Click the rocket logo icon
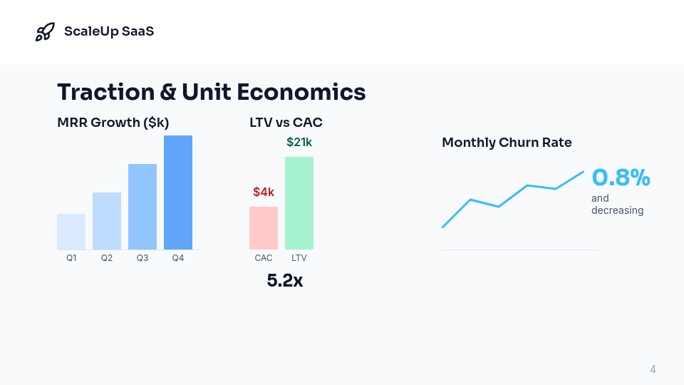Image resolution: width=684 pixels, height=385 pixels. [45, 31]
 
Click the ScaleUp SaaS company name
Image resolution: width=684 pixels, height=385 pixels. [108, 31]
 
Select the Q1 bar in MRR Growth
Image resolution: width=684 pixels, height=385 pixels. [71, 232]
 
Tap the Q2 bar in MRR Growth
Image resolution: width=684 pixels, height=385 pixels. [107, 221]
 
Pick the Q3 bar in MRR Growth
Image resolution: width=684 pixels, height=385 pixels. [142, 207]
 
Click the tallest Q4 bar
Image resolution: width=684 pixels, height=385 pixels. [178, 192]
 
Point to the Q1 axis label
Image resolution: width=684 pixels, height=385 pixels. [71, 258]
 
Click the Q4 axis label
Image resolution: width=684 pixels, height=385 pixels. [178, 258]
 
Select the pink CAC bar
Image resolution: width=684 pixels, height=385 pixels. [264, 228]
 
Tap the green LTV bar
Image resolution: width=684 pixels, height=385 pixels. [299, 203]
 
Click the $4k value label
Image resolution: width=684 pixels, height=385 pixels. [264, 192]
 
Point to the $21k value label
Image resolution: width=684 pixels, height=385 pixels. [299, 142]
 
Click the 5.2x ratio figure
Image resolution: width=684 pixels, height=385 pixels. [285, 281]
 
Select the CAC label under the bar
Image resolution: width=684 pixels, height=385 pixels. [264, 258]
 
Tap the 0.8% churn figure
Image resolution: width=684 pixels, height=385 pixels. [621, 178]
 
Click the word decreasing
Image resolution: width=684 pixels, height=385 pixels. [617, 210]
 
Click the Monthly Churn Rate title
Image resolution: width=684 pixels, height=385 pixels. [507, 143]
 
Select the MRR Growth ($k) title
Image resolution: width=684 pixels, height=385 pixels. [113, 123]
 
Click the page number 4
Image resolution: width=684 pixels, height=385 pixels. [653, 369]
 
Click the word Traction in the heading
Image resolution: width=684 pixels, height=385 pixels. [105, 92]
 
